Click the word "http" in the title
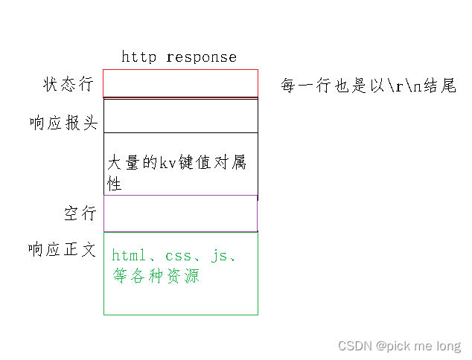(139, 57)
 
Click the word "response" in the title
(202, 57)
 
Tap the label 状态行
(68, 83)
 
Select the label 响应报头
(63, 123)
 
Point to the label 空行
(80, 213)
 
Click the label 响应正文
(63, 249)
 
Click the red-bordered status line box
(180, 83)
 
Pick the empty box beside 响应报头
(180, 116)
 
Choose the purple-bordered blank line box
(180, 213)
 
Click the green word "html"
(129, 256)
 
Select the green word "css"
(179, 256)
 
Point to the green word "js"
(219, 256)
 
